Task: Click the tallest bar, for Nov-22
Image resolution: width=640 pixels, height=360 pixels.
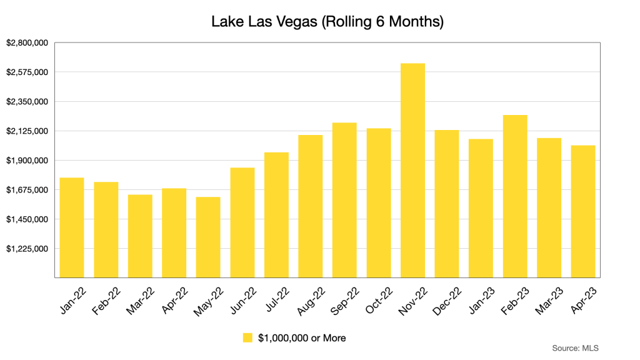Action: pyautogui.click(x=412, y=170)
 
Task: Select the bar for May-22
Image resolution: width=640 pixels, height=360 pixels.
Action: pyautogui.click(x=208, y=237)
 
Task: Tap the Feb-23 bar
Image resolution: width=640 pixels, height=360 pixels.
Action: pyautogui.click(x=515, y=196)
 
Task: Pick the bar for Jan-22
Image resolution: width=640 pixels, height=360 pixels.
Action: pyautogui.click(x=72, y=227)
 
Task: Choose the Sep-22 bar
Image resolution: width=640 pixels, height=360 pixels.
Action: pyautogui.click(x=344, y=199)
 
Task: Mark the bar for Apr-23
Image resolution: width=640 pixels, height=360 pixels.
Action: pyautogui.click(x=582, y=211)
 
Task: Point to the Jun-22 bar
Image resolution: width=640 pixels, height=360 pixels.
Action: pyautogui.click(x=242, y=222)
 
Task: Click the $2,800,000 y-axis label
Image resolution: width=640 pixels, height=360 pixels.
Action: pyautogui.click(x=27, y=43)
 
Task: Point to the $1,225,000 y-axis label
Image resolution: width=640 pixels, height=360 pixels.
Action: pyautogui.click(x=27, y=249)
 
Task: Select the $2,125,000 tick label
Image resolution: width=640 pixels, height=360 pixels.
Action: pyautogui.click(x=27, y=131)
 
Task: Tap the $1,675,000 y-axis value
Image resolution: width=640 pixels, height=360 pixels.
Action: pyautogui.click(x=27, y=190)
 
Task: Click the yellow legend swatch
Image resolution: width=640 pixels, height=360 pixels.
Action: pyautogui.click(x=247, y=338)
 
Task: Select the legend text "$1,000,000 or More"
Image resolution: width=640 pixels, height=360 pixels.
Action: pyautogui.click(x=302, y=338)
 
